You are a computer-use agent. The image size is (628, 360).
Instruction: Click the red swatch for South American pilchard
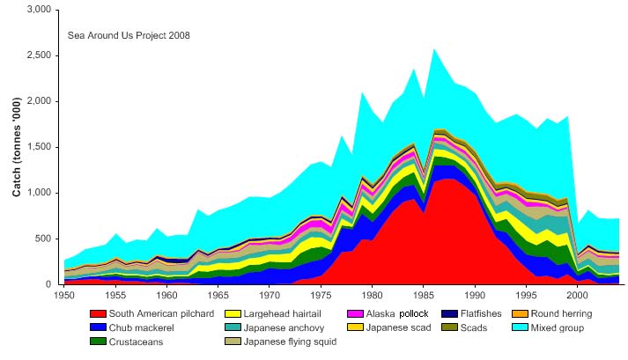pos(97,313)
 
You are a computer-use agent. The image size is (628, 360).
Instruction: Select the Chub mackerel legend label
pos(140,327)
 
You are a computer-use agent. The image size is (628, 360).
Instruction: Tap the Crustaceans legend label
pos(136,342)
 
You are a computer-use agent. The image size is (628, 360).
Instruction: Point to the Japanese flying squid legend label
pos(291,342)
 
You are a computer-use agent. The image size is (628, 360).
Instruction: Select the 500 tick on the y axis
pos(44,239)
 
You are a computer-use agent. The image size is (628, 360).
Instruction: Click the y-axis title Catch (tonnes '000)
pos(17,147)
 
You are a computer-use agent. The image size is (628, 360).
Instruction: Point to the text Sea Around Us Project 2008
pos(129,36)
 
